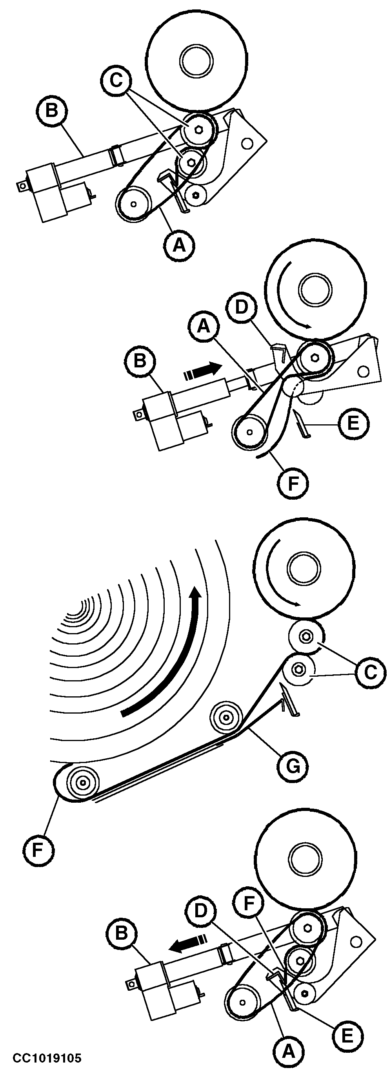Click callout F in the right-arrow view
pos(293,484)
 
